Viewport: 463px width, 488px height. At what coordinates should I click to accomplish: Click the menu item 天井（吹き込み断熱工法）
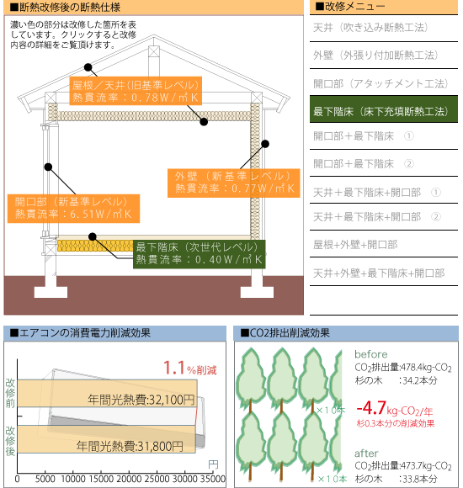point(370,28)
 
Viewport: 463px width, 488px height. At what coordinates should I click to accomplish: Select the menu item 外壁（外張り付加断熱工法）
point(375,56)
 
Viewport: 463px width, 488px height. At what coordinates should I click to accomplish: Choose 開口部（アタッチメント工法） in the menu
point(381,83)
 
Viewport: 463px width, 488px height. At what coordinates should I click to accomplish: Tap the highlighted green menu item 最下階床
point(384,109)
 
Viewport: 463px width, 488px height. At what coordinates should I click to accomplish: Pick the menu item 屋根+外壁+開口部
point(355,245)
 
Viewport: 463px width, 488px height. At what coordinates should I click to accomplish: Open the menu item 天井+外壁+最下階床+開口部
point(379,273)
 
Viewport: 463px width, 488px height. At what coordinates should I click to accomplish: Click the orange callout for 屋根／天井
point(136,91)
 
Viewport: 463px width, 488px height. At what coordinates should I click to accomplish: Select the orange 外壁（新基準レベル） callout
point(233,183)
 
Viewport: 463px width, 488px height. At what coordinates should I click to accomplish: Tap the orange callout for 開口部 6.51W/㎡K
point(73,209)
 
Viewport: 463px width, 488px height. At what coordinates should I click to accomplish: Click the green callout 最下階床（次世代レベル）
point(200,254)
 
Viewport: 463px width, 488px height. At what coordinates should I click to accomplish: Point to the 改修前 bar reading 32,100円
point(107,393)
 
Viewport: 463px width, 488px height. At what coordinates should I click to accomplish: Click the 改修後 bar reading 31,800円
point(106,439)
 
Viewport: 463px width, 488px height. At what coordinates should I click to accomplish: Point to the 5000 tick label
point(45,479)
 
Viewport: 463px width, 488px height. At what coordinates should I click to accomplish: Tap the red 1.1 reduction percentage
point(174,368)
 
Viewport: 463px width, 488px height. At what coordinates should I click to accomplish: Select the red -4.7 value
point(371,408)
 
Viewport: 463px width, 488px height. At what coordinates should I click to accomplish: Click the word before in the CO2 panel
point(371,354)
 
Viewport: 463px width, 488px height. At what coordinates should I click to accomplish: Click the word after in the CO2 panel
point(366,454)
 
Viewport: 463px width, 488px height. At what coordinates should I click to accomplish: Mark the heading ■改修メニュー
point(350,6)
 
